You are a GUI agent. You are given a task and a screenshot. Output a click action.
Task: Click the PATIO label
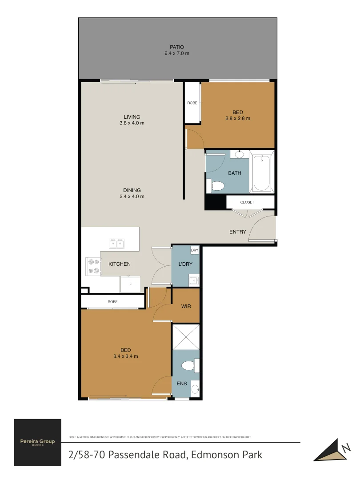point(177,47)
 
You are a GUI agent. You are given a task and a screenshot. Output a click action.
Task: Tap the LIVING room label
point(132,117)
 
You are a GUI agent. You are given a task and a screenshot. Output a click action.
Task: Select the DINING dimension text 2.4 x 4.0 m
point(132,196)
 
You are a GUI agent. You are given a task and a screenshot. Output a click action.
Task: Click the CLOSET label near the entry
point(247,202)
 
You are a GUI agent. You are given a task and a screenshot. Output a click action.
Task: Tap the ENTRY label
point(238,232)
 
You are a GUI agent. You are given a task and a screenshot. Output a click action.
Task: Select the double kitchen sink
point(117,243)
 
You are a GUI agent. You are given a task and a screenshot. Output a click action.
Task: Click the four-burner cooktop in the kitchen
point(93,266)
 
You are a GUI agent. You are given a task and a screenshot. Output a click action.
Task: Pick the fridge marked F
point(130,283)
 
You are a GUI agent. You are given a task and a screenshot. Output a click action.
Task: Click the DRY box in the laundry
point(194,251)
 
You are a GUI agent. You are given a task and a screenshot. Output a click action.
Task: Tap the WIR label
point(186,306)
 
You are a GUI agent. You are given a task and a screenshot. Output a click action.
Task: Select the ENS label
point(181,384)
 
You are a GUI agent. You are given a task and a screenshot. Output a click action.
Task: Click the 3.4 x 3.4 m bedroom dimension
point(126,356)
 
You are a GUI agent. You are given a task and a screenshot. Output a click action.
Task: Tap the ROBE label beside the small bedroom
point(192,103)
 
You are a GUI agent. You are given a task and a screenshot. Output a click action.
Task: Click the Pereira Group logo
point(38,442)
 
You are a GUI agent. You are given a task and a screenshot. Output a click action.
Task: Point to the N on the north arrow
point(344,449)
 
